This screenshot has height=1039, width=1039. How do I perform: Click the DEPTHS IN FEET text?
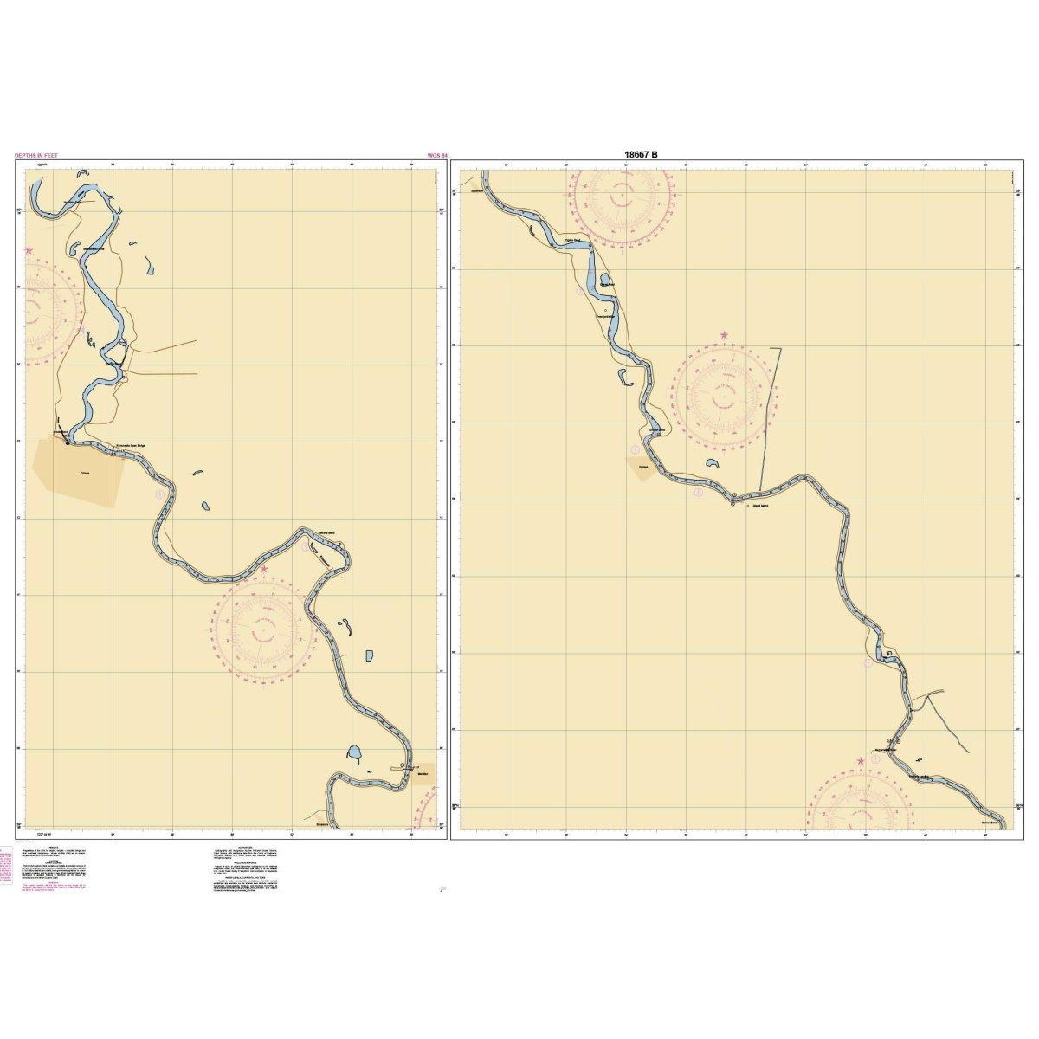36,156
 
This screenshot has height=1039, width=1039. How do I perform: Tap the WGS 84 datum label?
437,156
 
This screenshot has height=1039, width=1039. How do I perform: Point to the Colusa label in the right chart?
643,466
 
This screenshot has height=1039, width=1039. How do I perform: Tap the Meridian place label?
423,773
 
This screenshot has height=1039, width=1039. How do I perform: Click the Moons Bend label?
326,534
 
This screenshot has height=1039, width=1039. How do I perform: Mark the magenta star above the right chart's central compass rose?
724,334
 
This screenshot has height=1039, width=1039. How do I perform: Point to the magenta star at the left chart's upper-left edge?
29,250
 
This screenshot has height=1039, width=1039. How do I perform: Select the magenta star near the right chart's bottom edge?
861,761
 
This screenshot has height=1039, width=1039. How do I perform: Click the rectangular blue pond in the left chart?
371,657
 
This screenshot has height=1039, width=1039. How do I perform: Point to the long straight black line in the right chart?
769,416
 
